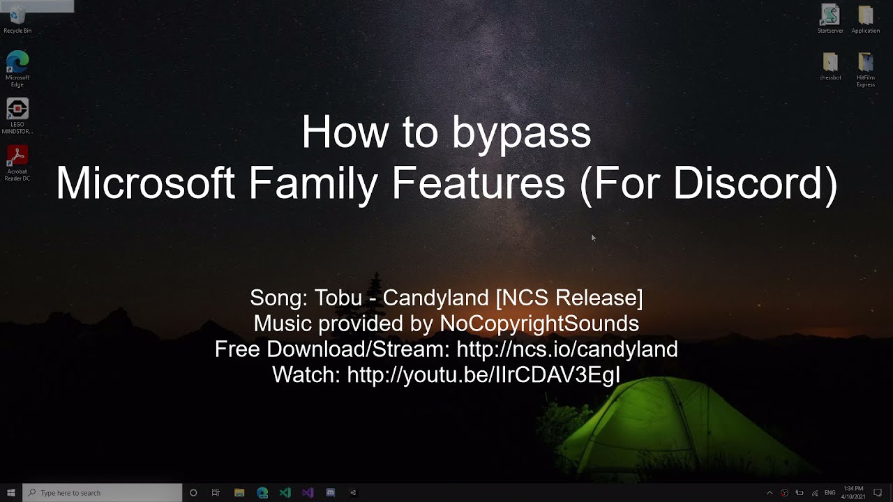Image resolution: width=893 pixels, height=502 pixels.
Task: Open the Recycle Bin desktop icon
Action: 17,17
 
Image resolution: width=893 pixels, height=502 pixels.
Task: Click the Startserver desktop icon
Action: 830,17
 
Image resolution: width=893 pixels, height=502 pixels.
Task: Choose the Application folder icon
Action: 865,17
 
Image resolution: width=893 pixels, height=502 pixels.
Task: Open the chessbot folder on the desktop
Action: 830,64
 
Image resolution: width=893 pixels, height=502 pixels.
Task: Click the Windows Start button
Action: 11,493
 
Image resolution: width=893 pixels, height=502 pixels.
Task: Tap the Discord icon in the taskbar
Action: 331,493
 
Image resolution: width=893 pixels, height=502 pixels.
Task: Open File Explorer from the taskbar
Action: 239,493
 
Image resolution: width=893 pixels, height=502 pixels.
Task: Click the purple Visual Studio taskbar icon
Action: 308,493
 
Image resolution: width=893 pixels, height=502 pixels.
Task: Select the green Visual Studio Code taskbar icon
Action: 285,493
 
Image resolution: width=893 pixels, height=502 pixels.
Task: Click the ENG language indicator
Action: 830,493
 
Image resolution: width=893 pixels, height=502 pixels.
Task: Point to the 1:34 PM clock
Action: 853,489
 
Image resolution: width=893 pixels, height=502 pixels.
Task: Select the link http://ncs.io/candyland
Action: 566,349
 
